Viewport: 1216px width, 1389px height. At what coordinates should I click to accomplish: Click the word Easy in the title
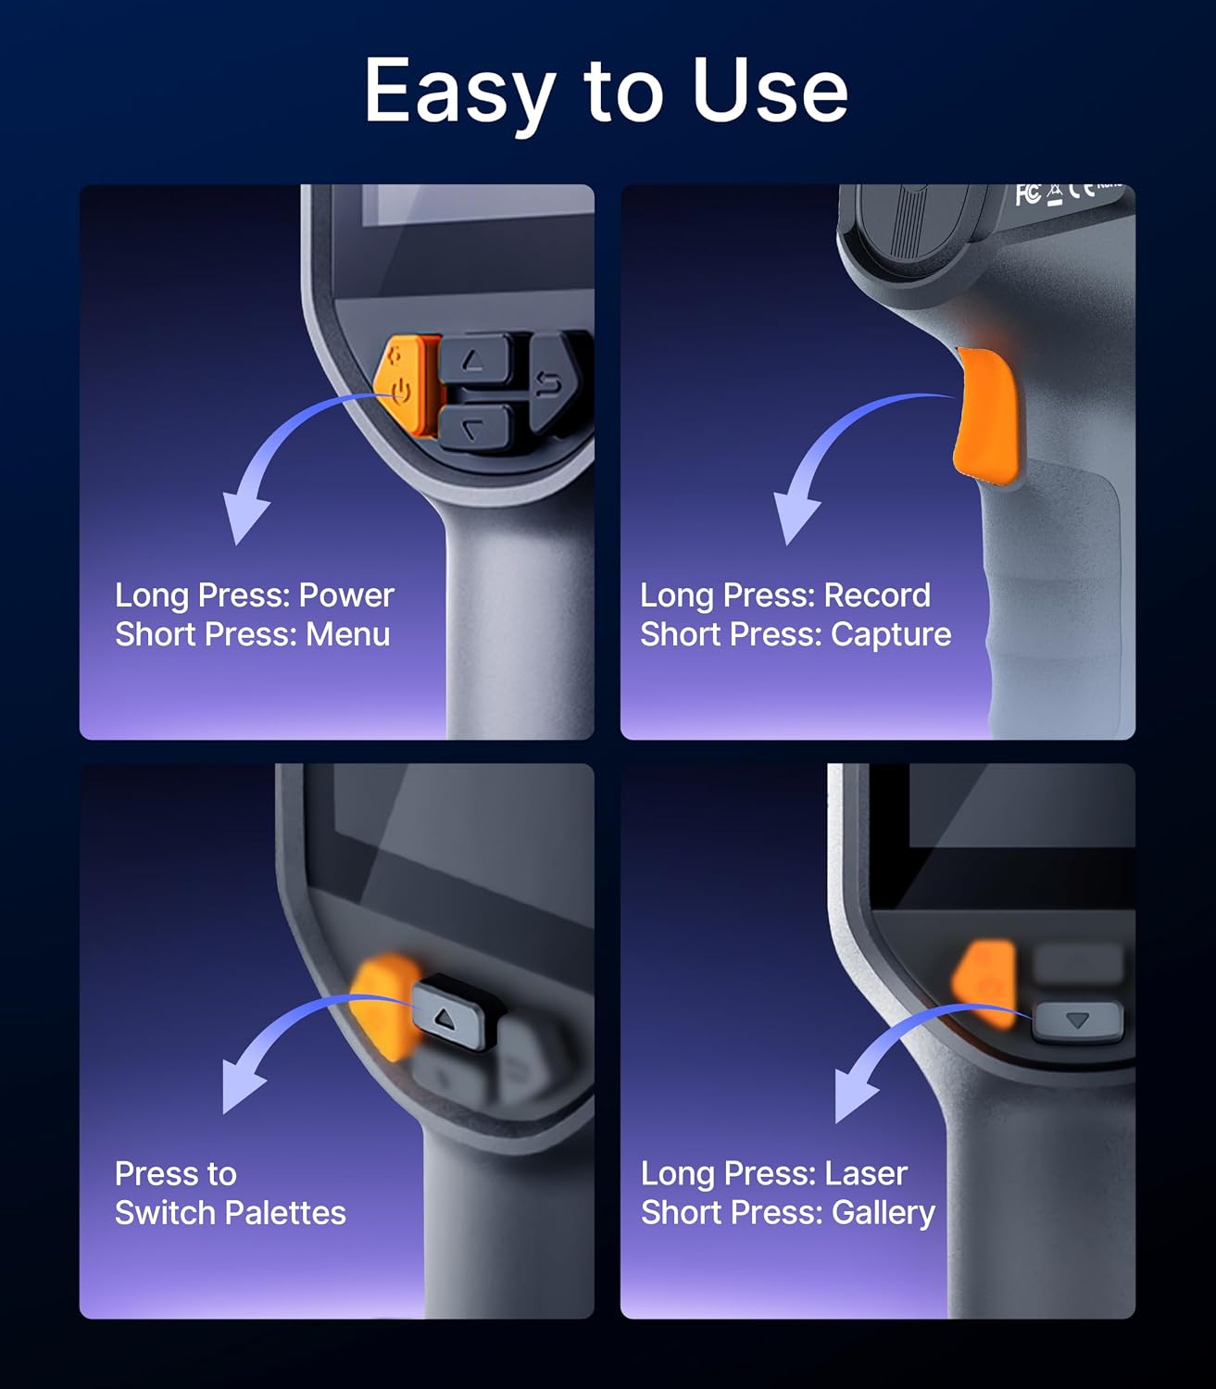(460, 93)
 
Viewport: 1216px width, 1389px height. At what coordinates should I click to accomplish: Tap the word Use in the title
(770, 90)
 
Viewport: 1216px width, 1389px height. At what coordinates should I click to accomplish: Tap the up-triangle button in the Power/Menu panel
(474, 360)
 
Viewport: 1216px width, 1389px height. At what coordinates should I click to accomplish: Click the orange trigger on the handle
(987, 417)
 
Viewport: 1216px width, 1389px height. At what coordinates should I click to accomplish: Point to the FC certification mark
(1028, 194)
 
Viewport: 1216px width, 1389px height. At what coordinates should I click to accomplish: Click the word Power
(346, 595)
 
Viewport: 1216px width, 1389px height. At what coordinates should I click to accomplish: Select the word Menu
(347, 634)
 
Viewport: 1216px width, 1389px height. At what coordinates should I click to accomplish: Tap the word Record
(876, 595)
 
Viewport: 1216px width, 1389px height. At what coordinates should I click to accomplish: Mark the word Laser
(866, 1174)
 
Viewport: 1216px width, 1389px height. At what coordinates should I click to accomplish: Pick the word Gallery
(884, 1215)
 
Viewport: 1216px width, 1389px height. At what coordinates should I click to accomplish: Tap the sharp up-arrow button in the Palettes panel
(458, 1011)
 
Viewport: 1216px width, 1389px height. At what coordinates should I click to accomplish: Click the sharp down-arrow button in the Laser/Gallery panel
(1078, 1021)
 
